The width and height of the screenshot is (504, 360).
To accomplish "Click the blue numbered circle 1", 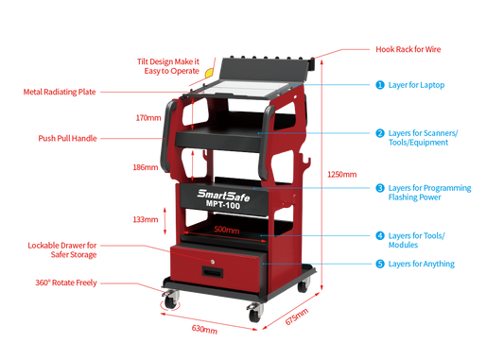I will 379,84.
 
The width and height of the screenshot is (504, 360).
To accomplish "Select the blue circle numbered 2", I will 379,133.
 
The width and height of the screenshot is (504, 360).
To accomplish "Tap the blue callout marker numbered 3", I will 379,189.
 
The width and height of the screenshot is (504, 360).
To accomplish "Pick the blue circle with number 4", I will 379,234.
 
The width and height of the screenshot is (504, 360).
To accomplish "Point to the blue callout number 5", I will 379,265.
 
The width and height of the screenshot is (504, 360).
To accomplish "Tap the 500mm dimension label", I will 226,229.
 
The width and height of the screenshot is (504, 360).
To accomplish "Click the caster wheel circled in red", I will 170,300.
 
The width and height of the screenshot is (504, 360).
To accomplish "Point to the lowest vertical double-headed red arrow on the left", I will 167,220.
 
